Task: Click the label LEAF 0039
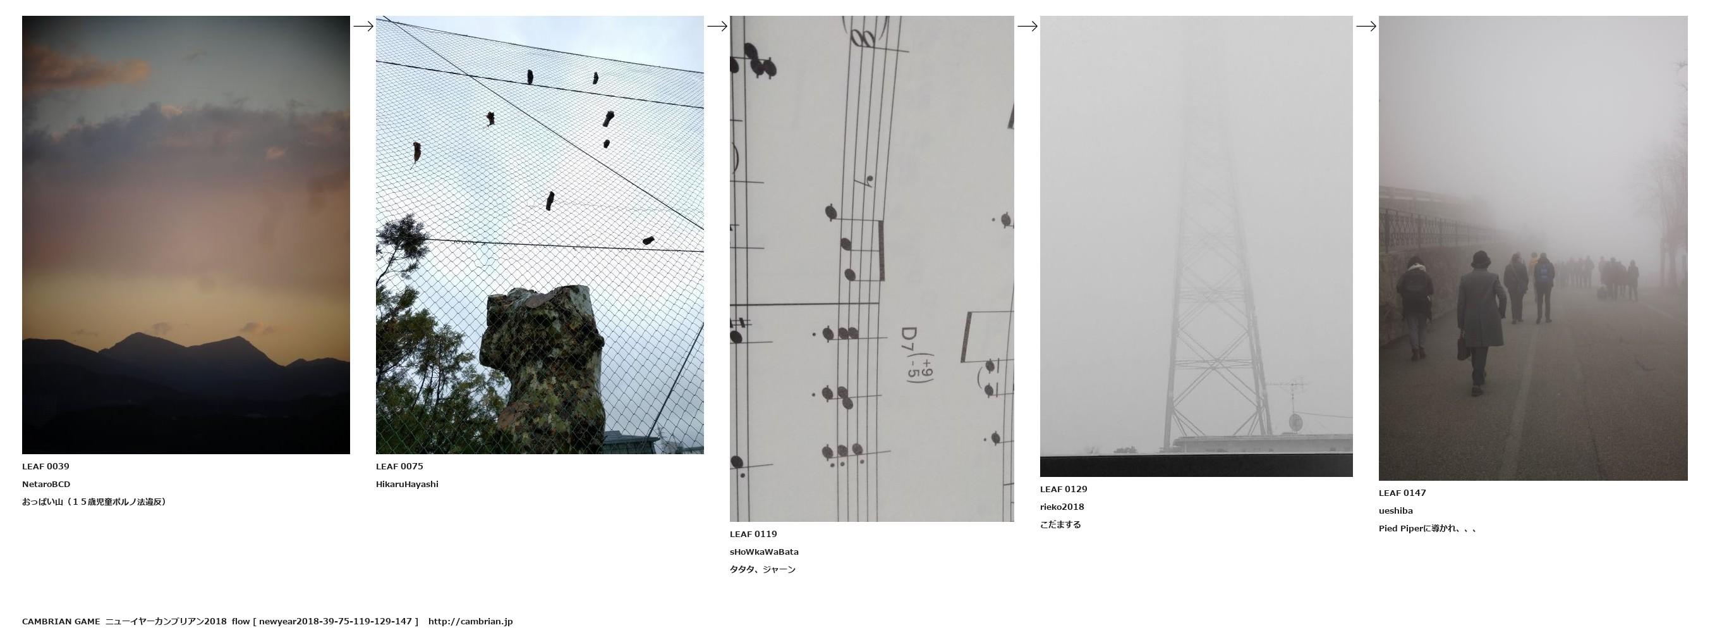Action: click(45, 466)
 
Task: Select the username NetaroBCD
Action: click(45, 484)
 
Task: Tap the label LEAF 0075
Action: click(399, 466)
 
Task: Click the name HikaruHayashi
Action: click(407, 484)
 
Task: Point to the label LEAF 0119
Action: click(753, 534)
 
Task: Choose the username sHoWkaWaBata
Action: click(764, 552)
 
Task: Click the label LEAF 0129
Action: click(1064, 490)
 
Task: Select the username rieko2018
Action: click(1062, 507)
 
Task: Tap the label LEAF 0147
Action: click(1402, 493)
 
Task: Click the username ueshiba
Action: click(1395, 510)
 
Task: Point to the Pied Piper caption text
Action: click(1428, 529)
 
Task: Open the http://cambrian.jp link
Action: click(470, 622)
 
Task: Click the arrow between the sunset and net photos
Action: click(363, 27)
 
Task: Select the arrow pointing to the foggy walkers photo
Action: click(1366, 27)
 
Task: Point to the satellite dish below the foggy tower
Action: click(1295, 422)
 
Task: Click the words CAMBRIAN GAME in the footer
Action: click(61, 622)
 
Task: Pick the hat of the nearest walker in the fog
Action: click(1481, 258)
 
